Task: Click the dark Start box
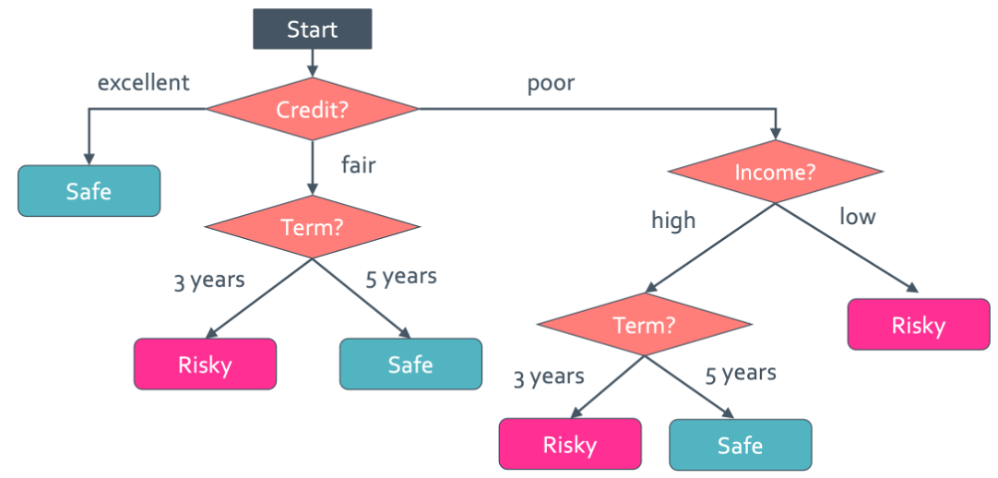(312, 29)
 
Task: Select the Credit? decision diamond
(312, 110)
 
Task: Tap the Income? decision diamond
(775, 172)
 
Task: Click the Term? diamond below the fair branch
(312, 227)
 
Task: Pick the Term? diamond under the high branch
(645, 325)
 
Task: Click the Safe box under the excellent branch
(89, 191)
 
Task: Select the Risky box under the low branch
(919, 325)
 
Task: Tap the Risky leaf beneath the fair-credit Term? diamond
(205, 364)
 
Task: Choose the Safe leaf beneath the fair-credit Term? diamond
(410, 364)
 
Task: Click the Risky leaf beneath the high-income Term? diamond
(570, 444)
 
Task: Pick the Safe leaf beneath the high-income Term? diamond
(741, 444)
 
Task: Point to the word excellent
(143, 82)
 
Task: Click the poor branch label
(551, 84)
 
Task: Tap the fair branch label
(358, 164)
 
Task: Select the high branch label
(673, 221)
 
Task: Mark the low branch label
(857, 217)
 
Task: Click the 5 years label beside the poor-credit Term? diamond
(741, 374)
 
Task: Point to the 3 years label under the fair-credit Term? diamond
(209, 281)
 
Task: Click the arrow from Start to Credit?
(312, 64)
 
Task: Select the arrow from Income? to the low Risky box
(847, 248)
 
